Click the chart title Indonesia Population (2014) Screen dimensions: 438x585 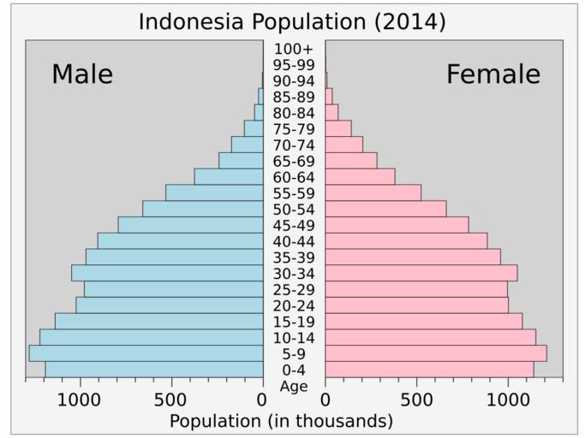(292, 21)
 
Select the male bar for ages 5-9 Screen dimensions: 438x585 (146, 353)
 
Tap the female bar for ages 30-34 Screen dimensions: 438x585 (421, 273)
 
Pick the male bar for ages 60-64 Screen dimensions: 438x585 (229, 176)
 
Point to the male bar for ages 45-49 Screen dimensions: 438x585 (190, 225)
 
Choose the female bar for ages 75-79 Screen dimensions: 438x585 (338, 128)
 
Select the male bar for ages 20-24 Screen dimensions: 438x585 (169, 305)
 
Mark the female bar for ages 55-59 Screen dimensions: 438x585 (373, 192)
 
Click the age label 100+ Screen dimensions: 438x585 (294, 49)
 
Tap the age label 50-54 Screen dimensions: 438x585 (294, 210)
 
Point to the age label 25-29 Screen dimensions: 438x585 (294, 290)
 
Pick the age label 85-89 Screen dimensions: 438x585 (294, 97)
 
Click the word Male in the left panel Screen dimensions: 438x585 (82, 74)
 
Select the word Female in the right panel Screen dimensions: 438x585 (493, 74)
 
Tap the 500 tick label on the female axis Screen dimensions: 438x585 (416, 400)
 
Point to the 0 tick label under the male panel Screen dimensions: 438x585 (262, 400)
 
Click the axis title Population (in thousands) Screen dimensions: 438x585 (281, 421)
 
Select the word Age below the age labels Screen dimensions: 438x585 (294, 386)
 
